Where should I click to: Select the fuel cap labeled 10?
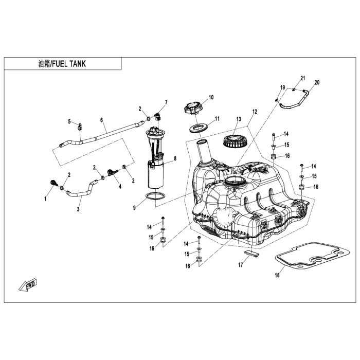(x=192, y=108)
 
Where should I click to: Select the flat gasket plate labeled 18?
(x=312, y=255)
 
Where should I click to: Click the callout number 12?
(x=255, y=112)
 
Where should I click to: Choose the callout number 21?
(x=303, y=79)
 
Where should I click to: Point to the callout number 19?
(x=282, y=87)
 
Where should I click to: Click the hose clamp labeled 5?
(x=80, y=126)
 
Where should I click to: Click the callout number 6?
(x=102, y=120)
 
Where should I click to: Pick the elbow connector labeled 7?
(x=158, y=116)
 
